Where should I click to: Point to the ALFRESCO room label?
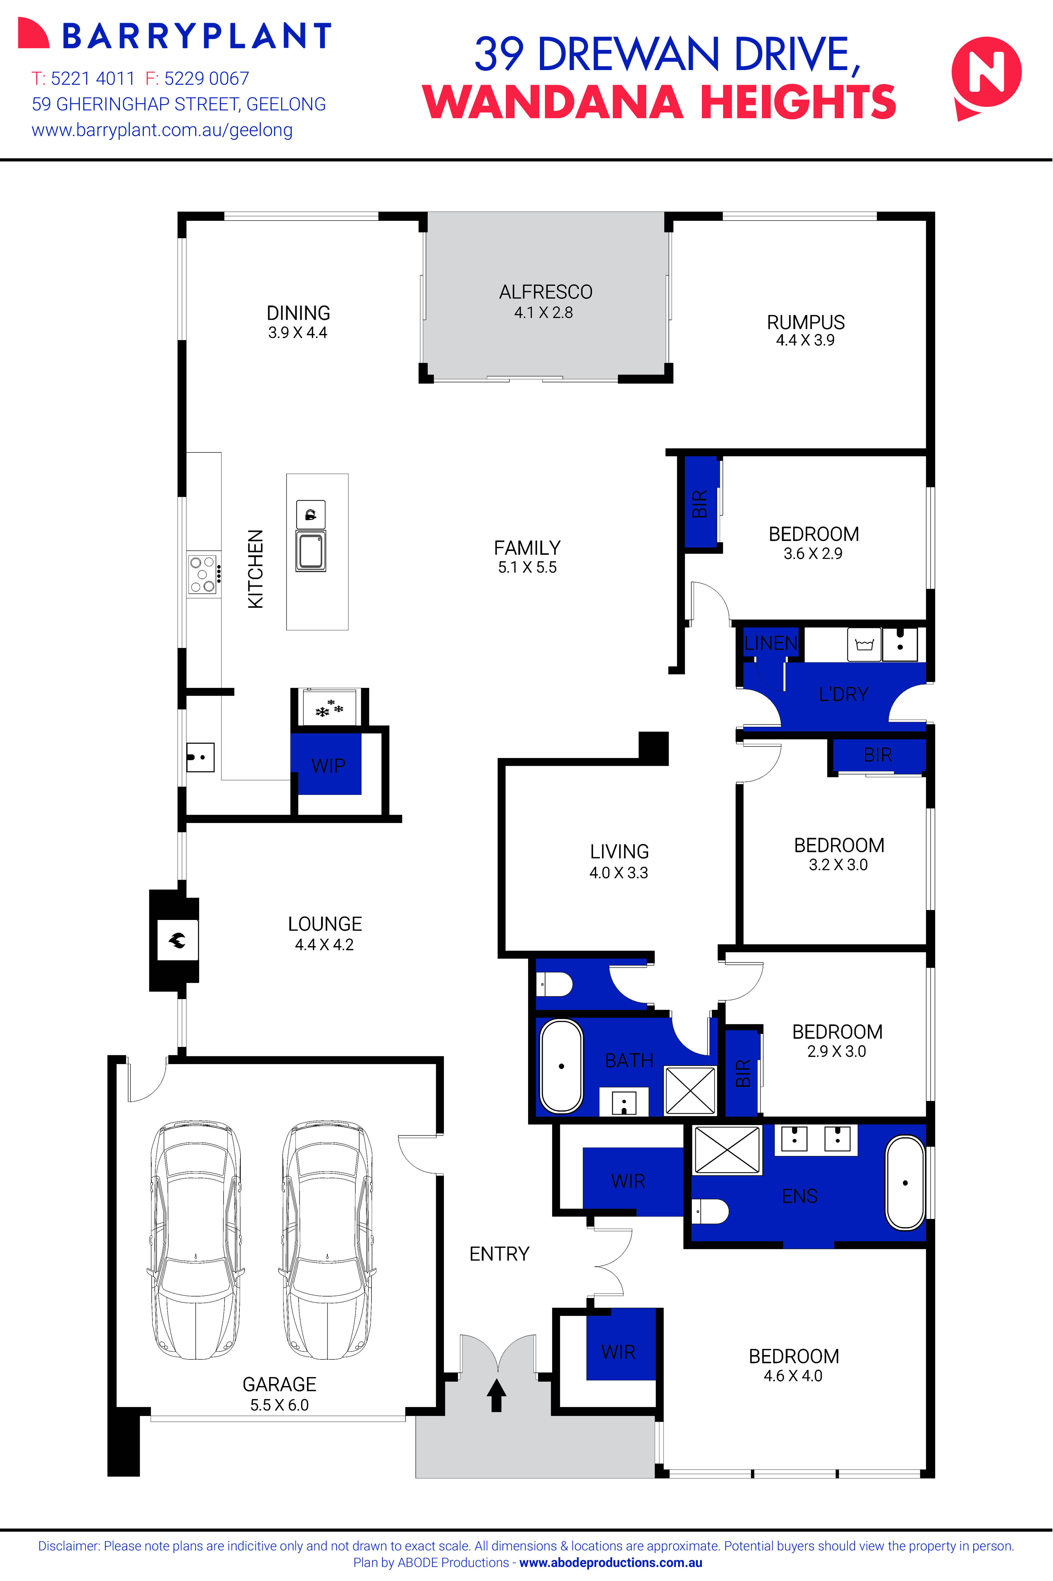tap(545, 292)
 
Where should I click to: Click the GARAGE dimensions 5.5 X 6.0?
tap(280, 1405)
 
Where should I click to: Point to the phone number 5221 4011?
tap(93, 78)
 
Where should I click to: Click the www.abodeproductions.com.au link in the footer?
tap(610, 1563)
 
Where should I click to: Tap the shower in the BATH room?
tap(690, 1091)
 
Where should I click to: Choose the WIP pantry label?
tap(328, 766)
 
